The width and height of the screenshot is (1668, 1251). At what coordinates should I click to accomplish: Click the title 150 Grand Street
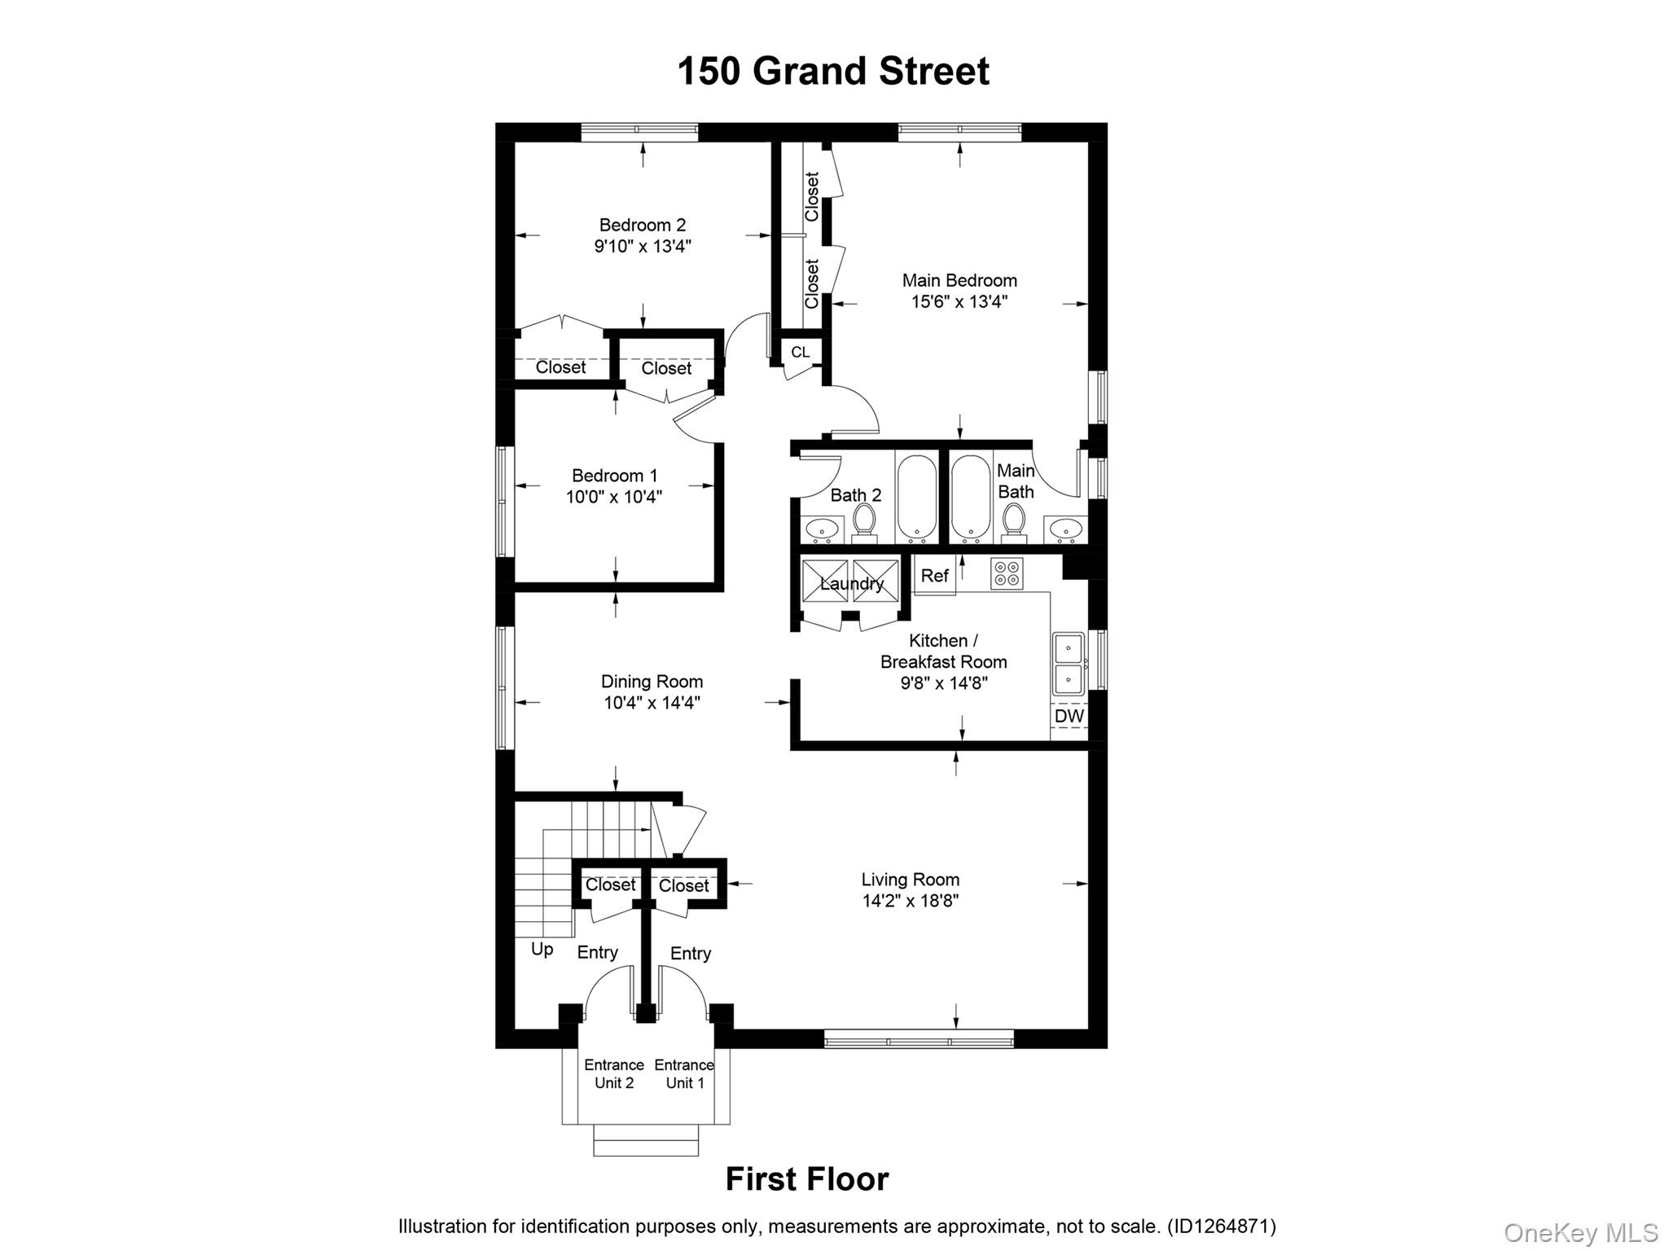[x=832, y=71]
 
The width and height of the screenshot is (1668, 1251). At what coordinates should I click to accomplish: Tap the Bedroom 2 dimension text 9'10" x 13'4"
[x=642, y=246]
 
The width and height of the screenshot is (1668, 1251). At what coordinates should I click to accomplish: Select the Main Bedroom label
[x=959, y=280]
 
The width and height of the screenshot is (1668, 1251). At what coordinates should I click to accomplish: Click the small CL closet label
[x=800, y=352]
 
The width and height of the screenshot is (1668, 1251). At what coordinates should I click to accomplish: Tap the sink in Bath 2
[x=823, y=530]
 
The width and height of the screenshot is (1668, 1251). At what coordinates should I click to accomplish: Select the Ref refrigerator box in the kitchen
[x=934, y=576]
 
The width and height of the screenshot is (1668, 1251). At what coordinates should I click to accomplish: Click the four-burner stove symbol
[x=1007, y=573]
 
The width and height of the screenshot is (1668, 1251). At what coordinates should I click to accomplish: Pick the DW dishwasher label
[x=1069, y=716]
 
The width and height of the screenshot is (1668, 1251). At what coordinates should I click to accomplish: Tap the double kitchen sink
[x=1068, y=663]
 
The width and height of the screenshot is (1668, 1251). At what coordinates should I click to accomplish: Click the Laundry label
[x=851, y=583]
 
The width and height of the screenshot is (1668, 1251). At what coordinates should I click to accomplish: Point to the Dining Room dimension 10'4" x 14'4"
[x=652, y=702]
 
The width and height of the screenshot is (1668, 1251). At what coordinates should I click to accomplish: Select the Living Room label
[x=910, y=880]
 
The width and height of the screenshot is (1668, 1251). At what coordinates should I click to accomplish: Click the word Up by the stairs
[x=542, y=949]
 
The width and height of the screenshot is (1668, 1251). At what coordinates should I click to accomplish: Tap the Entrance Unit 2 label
[x=613, y=1073]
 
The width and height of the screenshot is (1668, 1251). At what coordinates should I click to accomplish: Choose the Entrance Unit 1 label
[x=684, y=1073]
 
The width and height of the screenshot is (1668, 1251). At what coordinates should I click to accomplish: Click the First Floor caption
[x=806, y=1179]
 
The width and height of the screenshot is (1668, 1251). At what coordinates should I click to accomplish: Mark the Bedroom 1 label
[x=614, y=476]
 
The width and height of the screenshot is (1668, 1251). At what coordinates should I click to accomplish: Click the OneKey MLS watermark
[x=1580, y=1233]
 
